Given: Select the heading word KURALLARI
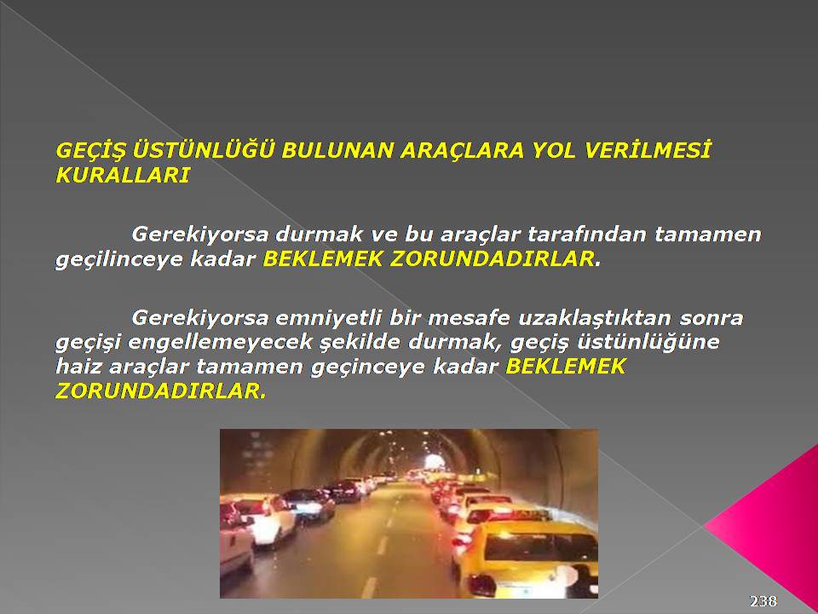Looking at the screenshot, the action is tap(123, 176).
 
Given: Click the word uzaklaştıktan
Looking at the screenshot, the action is tap(596, 318).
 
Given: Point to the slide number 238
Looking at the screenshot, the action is tap(763, 601).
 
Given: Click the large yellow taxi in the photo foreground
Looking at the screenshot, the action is tap(527, 559).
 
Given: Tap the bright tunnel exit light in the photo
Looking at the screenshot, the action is tap(432, 461).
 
